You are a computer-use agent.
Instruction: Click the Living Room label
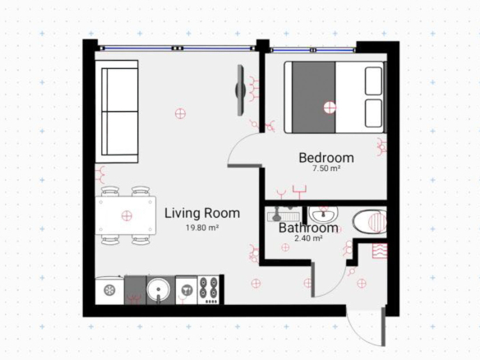pos(202,214)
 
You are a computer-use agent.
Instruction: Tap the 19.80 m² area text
pos(202,228)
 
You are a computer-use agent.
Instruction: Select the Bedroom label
pos(326,158)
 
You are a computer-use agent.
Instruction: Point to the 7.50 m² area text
pos(326,168)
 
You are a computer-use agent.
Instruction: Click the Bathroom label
pos(308,228)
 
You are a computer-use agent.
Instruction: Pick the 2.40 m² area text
pos(308,238)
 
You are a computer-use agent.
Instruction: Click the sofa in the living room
pos(117,112)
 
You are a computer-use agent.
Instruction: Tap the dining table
pos(126,215)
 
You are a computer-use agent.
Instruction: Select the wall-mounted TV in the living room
pos(241,90)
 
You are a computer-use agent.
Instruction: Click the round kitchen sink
pos(158,289)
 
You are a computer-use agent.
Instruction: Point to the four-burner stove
pos(209,290)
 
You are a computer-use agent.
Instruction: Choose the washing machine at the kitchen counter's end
pos(109,290)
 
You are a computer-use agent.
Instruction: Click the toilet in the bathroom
pos(370,222)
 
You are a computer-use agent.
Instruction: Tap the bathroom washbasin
pos(323,214)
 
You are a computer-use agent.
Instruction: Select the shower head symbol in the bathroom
pos(276,215)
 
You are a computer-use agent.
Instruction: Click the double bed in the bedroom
pos(335,97)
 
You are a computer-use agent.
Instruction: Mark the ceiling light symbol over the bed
pos(330,108)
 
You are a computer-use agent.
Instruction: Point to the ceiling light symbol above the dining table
pos(127,216)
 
